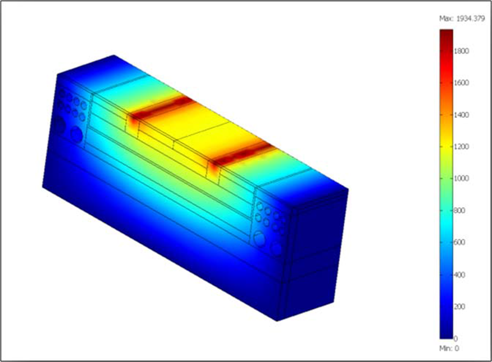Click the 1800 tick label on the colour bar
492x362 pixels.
click(x=461, y=51)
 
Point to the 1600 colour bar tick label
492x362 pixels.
click(x=461, y=82)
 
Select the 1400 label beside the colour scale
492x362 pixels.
click(x=461, y=115)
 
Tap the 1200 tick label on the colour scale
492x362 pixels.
click(x=461, y=146)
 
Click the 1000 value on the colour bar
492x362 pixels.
click(x=461, y=178)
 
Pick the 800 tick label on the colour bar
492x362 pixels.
click(x=460, y=210)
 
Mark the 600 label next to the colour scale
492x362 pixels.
click(x=460, y=242)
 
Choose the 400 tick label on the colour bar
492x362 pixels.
click(x=460, y=275)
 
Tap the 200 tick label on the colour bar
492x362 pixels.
click(x=460, y=307)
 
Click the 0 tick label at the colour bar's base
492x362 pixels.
click(x=456, y=338)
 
